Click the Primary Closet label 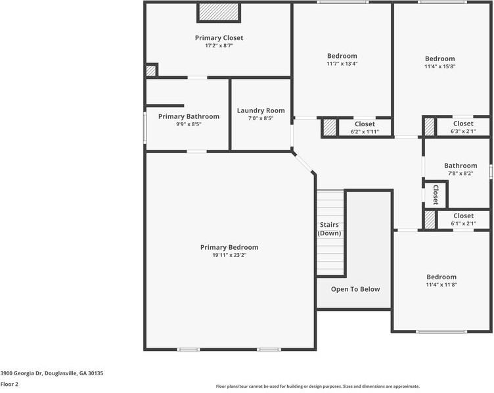[219, 38]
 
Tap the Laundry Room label [261, 110]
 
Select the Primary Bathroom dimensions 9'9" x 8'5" [188, 124]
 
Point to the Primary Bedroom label [229, 247]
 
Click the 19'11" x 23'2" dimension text [229, 255]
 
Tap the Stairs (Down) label [329, 229]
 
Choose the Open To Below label [355, 289]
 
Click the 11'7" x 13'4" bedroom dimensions [342, 64]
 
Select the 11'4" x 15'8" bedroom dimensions [439, 66]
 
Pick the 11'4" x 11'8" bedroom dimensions [441, 285]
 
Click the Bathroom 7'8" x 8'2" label [460, 170]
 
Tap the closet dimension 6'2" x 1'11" [365, 131]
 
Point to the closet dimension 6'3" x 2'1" [463, 131]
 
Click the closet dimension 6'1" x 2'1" [463, 223]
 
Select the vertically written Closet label [436, 195]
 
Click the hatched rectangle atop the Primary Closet [219, 12]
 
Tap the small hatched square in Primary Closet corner [151, 70]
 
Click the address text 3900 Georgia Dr [51, 373]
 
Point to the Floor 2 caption [9, 384]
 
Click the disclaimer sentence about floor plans [317, 386]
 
